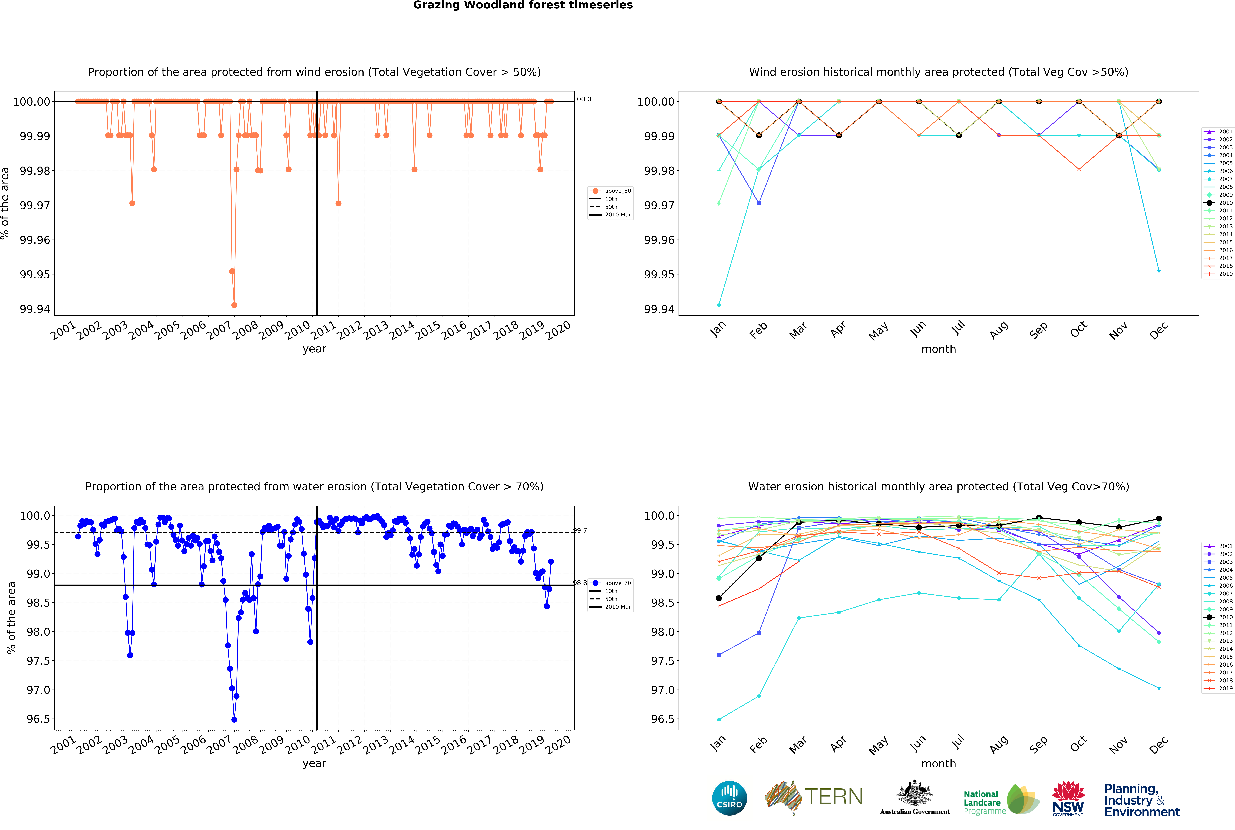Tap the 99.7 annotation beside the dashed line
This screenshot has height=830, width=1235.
pos(580,530)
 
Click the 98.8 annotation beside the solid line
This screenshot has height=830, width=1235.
pos(580,583)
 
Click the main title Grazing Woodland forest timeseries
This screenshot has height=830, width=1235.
pos(523,5)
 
